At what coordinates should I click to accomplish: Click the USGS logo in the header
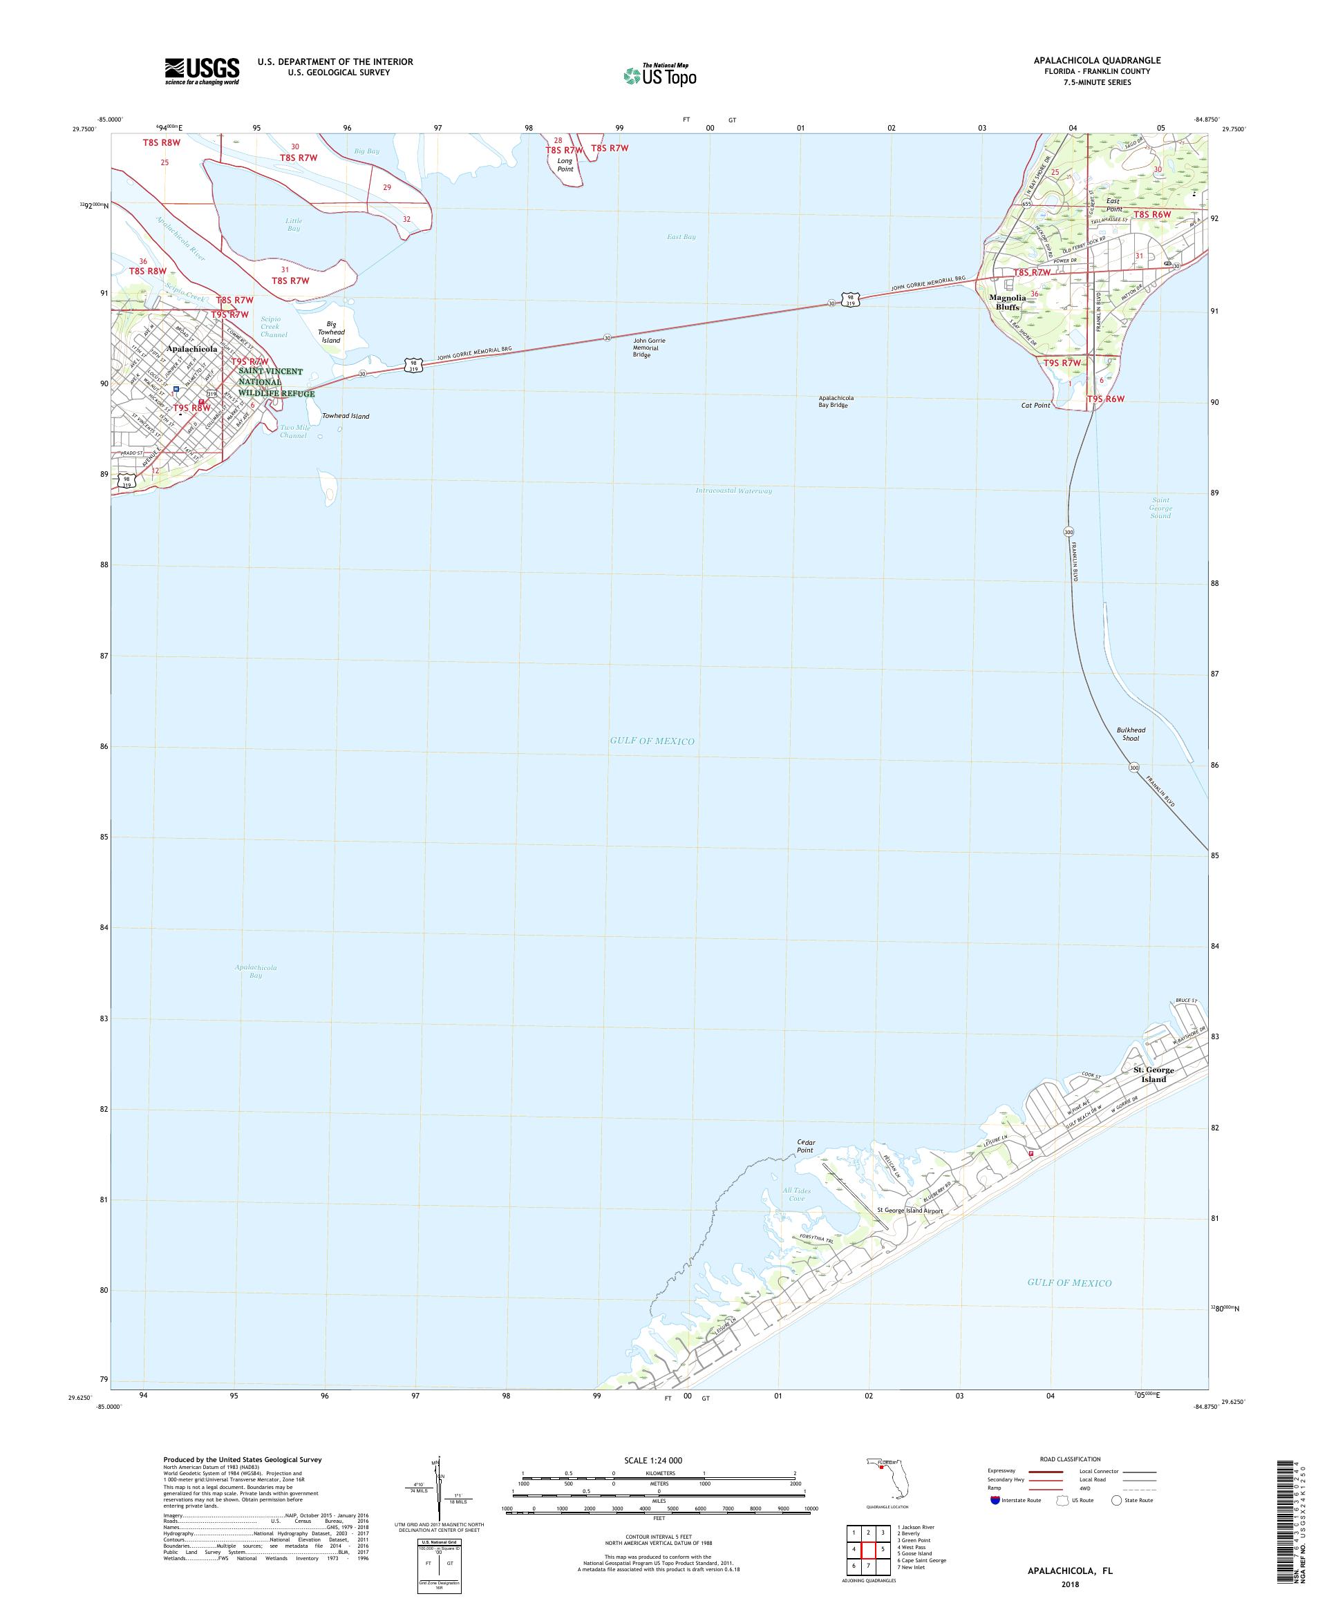click(x=202, y=72)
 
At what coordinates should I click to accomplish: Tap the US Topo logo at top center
click(x=659, y=75)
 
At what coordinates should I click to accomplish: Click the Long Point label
click(x=564, y=165)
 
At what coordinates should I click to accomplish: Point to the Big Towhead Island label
click(x=331, y=332)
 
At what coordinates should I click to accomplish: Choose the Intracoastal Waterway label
click(x=734, y=491)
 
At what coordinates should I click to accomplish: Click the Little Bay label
click(x=294, y=225)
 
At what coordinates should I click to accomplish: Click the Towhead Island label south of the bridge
click(x=345, y=416)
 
